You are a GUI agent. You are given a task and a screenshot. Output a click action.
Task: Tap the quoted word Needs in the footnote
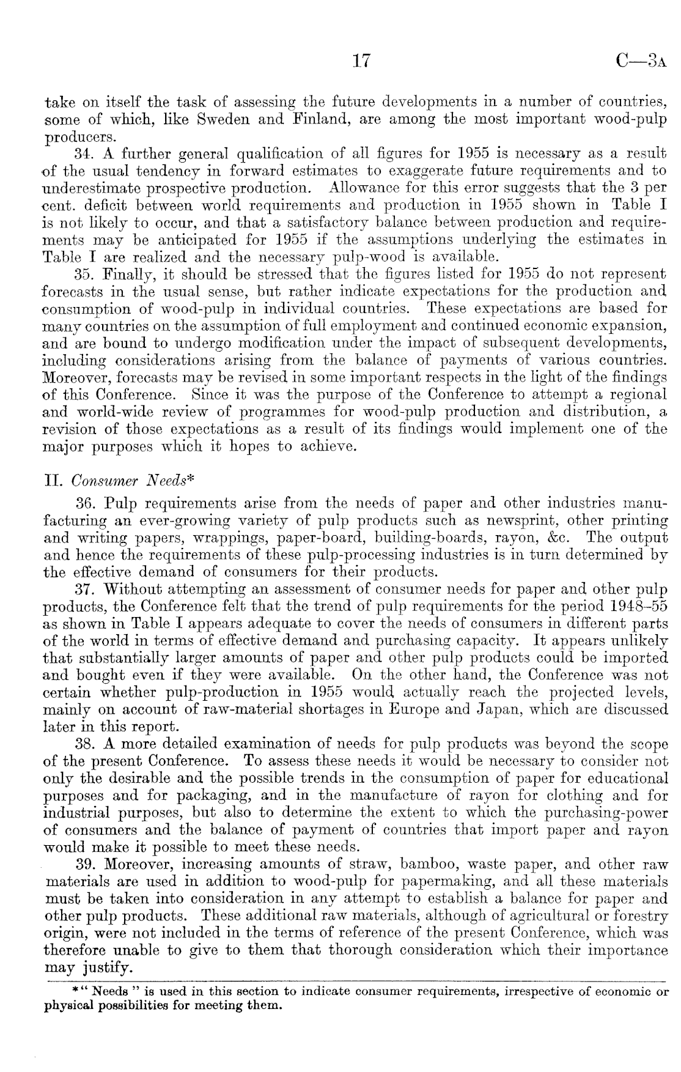click(x=110, y=991)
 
